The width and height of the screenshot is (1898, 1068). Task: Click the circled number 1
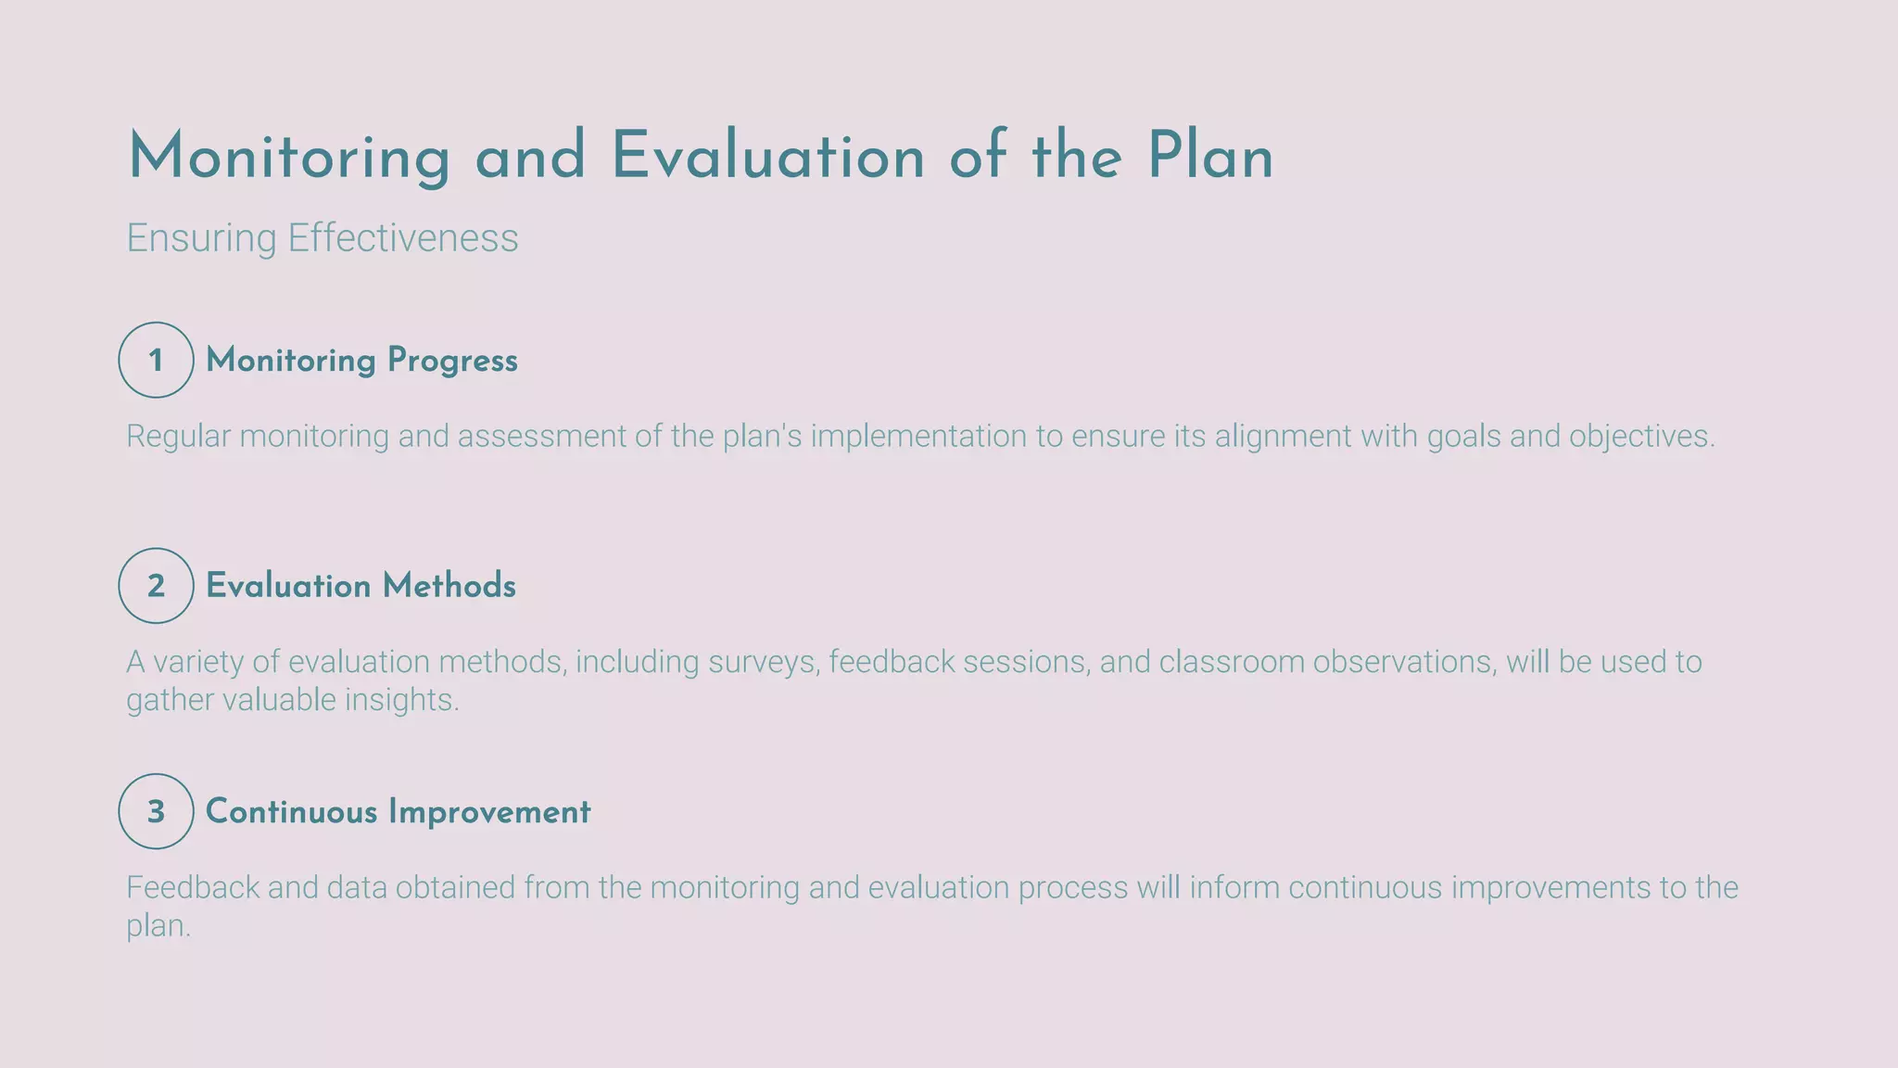156,360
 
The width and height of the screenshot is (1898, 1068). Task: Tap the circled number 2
156,585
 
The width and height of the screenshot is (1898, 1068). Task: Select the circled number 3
156,811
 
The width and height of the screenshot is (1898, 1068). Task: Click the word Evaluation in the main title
767,156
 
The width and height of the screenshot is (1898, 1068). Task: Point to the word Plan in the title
1209,156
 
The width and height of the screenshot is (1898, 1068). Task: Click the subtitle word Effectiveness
402,238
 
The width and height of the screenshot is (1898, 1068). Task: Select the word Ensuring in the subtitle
201,238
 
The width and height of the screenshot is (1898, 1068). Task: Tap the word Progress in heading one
452,361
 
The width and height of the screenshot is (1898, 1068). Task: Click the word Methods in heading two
449,586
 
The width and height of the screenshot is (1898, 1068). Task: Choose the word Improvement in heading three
489,812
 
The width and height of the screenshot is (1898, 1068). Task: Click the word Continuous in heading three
291,812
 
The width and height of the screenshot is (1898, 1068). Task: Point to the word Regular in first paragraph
178,436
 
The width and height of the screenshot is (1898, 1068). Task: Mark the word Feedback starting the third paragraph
193,888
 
